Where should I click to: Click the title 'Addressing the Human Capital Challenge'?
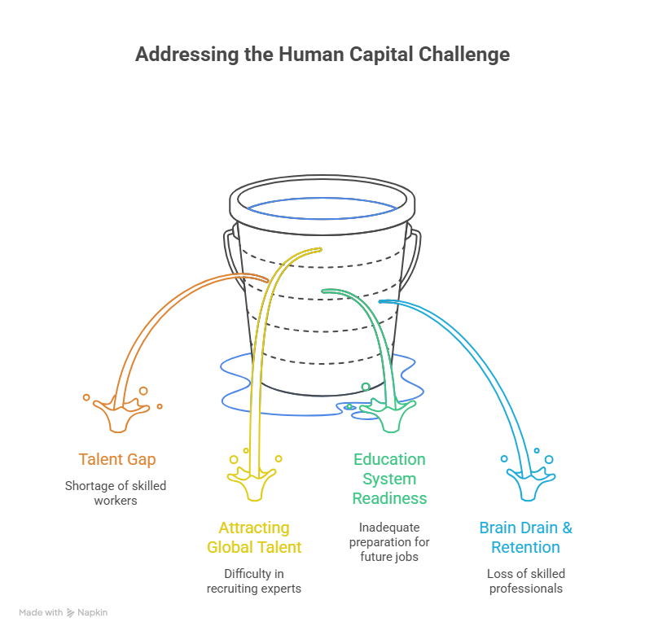click(x=322, y=55)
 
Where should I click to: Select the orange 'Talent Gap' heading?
click(x=117, y=459)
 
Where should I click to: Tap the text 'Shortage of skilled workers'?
click(x=115, y=493)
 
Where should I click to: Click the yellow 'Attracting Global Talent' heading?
click(x=254, y=537)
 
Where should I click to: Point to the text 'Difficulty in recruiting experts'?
click(x=253, y=580)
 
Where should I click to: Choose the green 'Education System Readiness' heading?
click(x=389, y=479)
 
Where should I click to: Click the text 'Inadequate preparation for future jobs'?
click(x=389, y=541)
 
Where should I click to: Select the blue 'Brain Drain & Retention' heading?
click(x=525, y=537)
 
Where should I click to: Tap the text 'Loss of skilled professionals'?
click(x=525, y=580)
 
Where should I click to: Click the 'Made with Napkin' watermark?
click(x=64, y=612)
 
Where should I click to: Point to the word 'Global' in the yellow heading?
click(x=231, y=547)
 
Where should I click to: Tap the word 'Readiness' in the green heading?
click(x=389, y=498)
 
